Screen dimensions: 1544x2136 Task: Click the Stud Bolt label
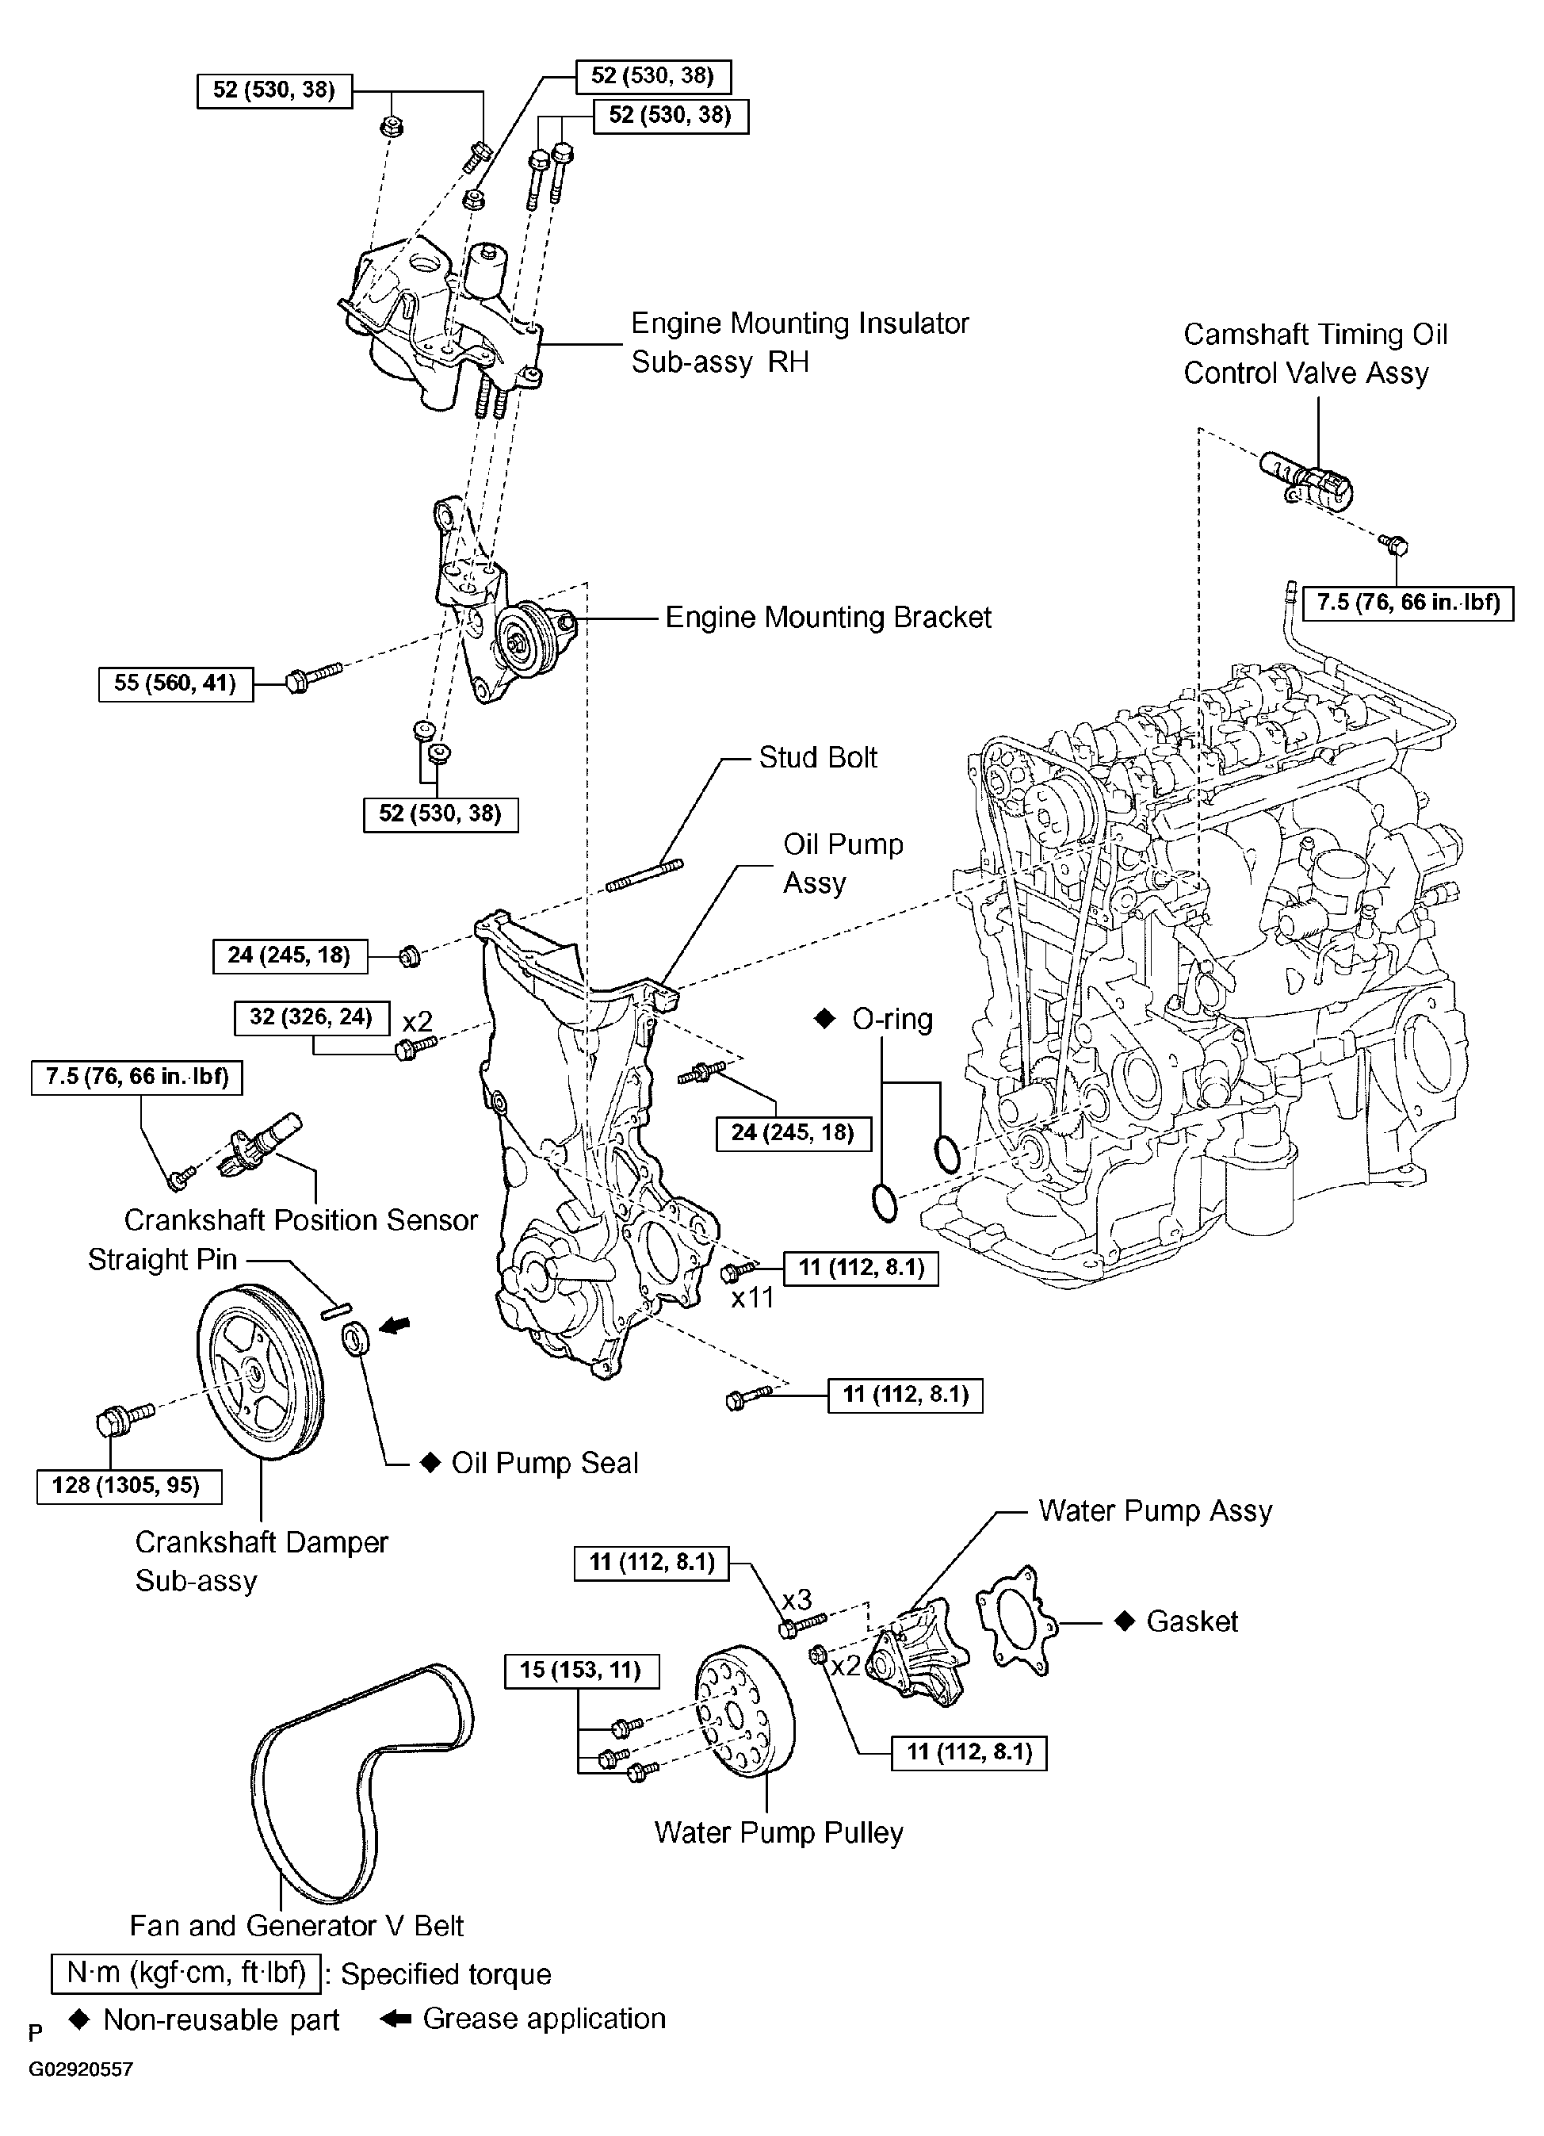point(818,757)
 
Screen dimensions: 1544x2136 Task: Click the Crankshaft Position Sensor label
point(301,1219)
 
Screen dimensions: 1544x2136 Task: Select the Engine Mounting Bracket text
point(828,617)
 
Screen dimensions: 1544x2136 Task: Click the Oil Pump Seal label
point(545,1463)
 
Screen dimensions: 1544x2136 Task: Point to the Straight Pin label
point(162,1259)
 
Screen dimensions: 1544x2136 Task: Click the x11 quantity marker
point(752,1298)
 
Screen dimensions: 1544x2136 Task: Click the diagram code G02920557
point(80,2096)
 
